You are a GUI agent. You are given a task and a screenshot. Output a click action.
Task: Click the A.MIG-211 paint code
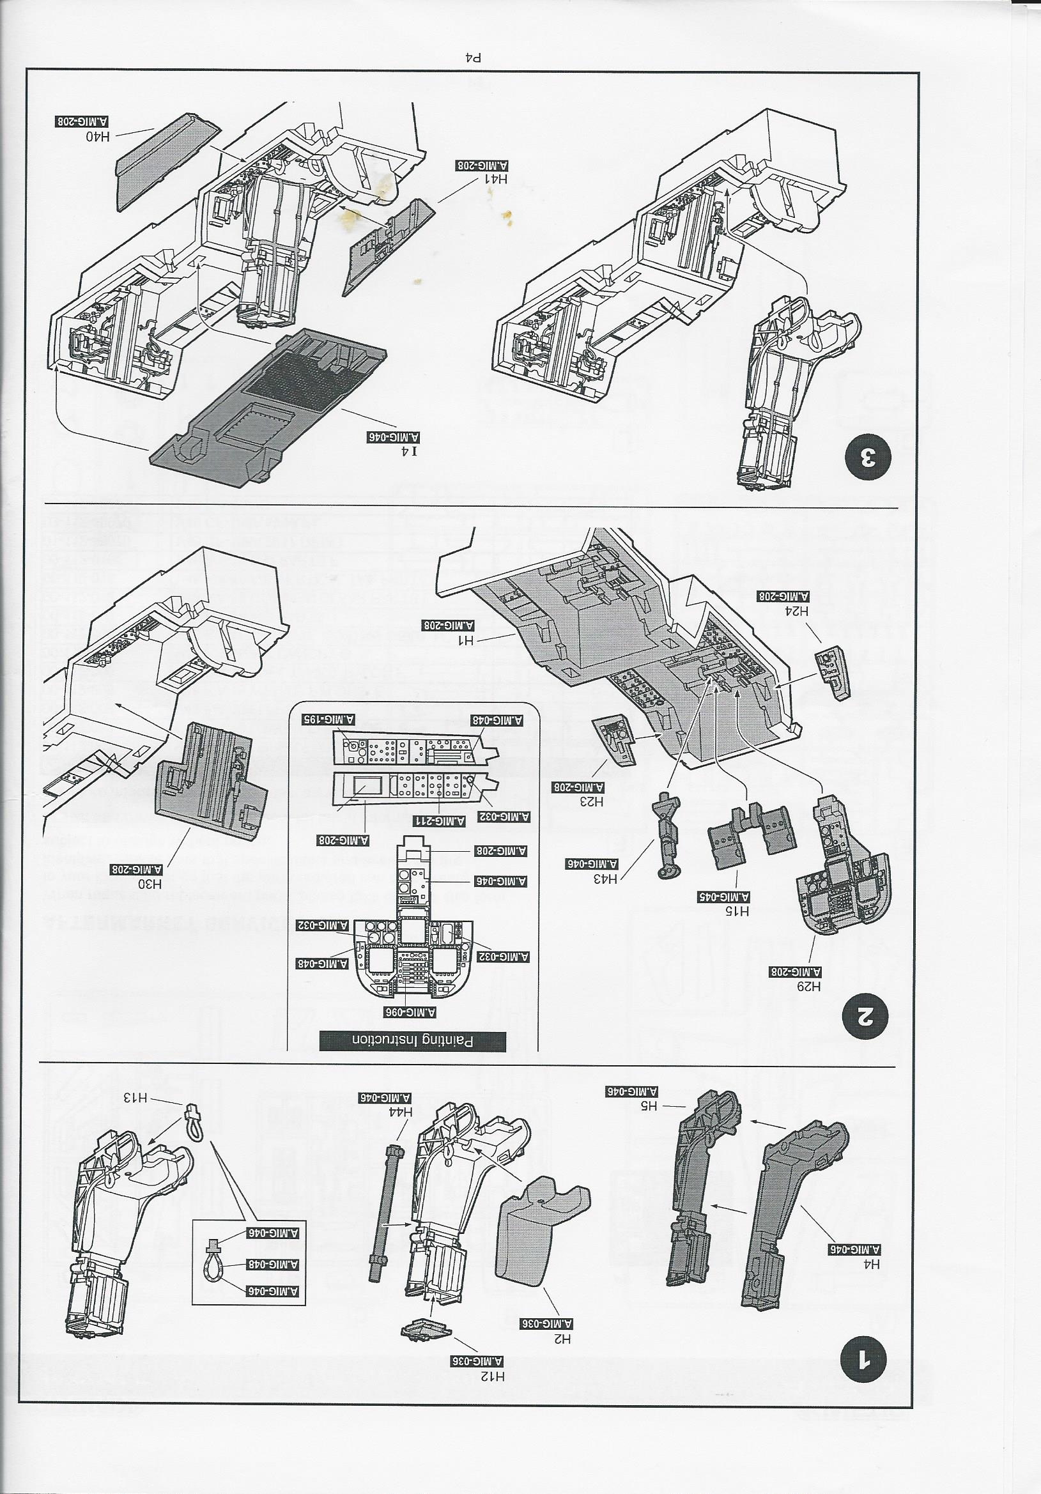[x=438, y=821]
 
